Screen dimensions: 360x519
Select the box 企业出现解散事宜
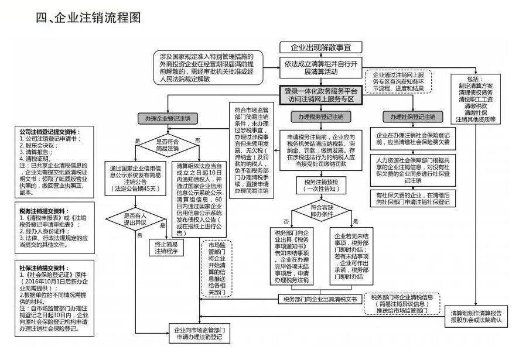pyautogui.click(x=319, y=47)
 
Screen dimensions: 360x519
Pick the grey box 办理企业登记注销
pyautogui.click(x=164, y=119)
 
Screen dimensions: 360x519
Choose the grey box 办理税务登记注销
pyautogui.click(x=319, y=119)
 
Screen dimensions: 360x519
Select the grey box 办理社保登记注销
pyautogui.click(x=413, y=117)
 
